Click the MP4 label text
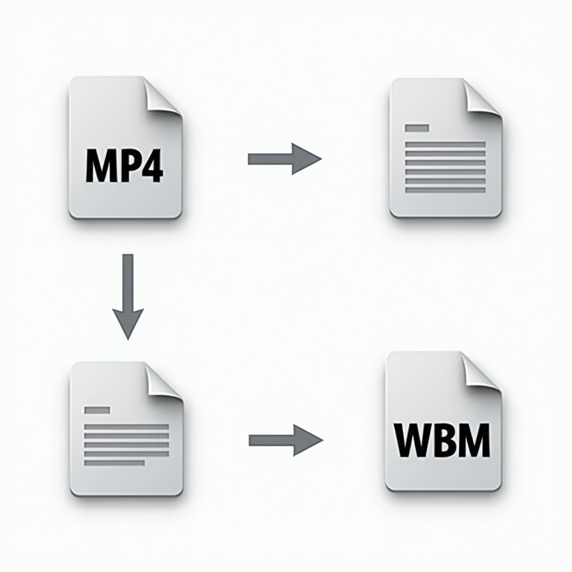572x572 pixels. (125, 165)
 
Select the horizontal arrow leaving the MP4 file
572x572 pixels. (284, 159)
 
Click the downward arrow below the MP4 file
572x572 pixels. (128, 297)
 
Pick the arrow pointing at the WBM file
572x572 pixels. (286, 440)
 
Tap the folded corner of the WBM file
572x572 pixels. (482, 371)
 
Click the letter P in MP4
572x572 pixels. (128, 165)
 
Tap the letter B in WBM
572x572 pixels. (443, 440)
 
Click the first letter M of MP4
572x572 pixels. (100, 165)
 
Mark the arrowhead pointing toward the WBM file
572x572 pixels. (308, 440)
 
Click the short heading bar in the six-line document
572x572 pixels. (417, 128)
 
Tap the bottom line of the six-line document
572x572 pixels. (445, 190)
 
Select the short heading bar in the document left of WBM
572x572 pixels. (97, 410)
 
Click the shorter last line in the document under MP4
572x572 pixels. (115, 463)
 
